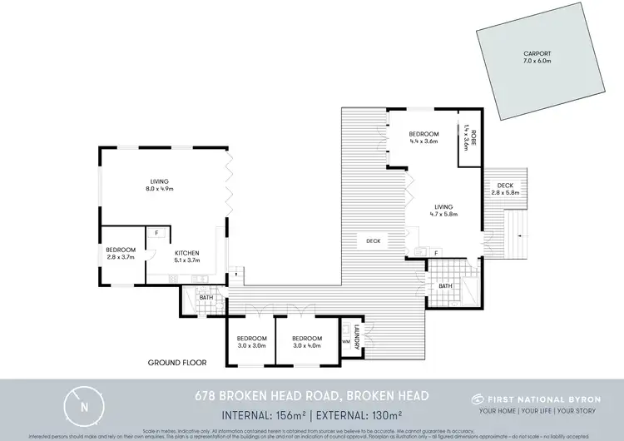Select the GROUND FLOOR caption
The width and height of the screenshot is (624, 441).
(x=177, y=363)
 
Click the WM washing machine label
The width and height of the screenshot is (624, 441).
(x=345, y=341)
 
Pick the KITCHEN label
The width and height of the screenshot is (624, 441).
(x=187, y=251)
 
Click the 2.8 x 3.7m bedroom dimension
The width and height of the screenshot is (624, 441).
(x=120, y=258)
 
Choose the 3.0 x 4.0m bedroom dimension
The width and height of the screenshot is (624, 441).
(x=307, y=345)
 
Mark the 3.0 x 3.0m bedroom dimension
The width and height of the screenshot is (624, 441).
(x=251, y=345)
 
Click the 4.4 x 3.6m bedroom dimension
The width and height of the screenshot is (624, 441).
(x=423, y=141)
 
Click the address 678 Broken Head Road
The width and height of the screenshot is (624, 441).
(x=312, y=396)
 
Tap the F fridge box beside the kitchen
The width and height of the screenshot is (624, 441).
(x=156, y=233)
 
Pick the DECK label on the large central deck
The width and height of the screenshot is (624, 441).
(x=373, y=241)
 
